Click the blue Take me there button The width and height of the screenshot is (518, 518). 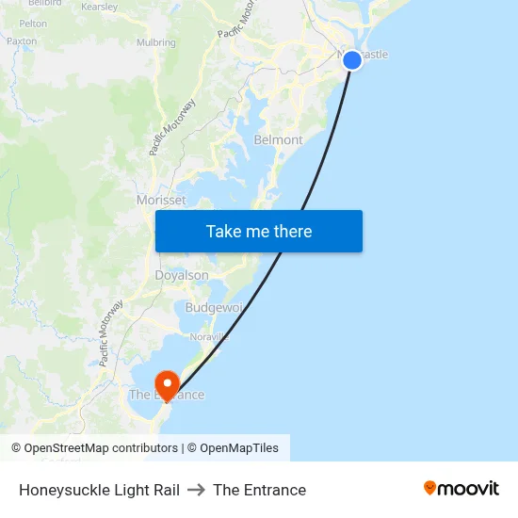click(259, 231)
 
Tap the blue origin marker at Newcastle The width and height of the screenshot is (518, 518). click(352, 60)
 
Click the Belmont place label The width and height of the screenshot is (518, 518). click(279, 140)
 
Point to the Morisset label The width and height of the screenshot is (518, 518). click(161, 201)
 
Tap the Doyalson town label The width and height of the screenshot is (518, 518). click(182, 276)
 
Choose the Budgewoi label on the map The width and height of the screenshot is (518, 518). click(214, 308)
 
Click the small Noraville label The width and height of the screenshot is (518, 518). click(209, 336)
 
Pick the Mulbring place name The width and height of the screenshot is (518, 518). click(155, 42)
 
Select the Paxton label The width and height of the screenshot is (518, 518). click(21, 41)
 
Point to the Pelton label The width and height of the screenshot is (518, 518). click(33, 23)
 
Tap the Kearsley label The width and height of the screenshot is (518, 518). click(99, 7)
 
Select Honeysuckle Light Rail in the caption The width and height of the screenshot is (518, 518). click(99, 490)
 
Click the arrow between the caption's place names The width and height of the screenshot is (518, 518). click(196, 490)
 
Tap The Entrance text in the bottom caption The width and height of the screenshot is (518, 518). click(259, 490)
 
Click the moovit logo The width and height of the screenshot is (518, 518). click(461, 488)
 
